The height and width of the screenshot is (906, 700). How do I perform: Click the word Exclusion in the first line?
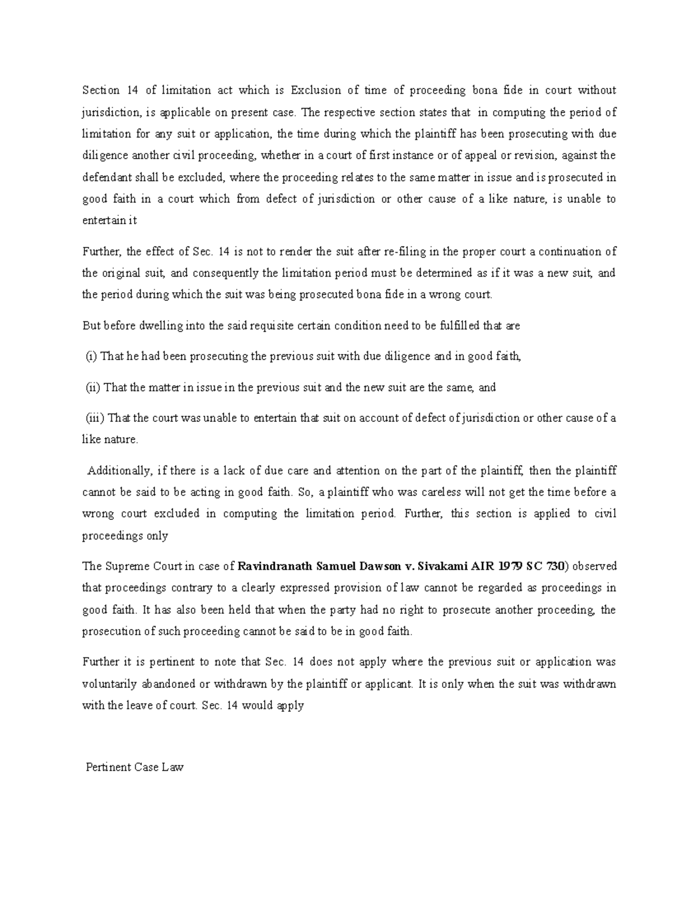tap(314, 90)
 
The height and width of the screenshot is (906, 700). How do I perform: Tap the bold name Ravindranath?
tap(274, 566)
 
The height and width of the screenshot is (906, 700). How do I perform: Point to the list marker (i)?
tap(92, 356)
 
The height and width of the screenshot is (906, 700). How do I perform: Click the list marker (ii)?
tap(93, 387)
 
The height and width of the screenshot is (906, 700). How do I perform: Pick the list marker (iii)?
tap(95, 418)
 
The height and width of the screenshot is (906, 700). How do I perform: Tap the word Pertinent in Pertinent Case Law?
tap(107, 767)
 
